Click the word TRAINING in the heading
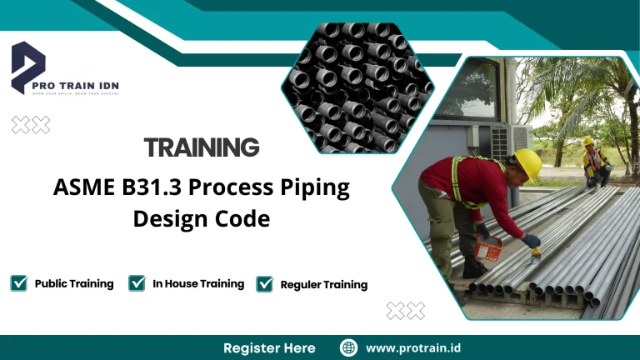pyautogui.click(x=202, y=148)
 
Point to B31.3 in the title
pyautogui.click(x=152, y=187)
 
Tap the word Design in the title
pyautogui.click(x=172, y=219)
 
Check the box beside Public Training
pyautogui.click(x=18, y=283)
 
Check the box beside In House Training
pyautogui.click(x=137, y=283)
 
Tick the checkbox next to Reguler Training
pyautogui.click(x=265, y=284)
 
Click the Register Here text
pyautogui.click(x=269, y=347)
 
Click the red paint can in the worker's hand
pyautogui.click(x=487, y=247)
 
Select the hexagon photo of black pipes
pyautogui.click(x=357, y=87)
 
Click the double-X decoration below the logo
pyautogui.click(x=31, y=125)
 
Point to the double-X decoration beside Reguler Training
pyautogui.click(x=405, y=311)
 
